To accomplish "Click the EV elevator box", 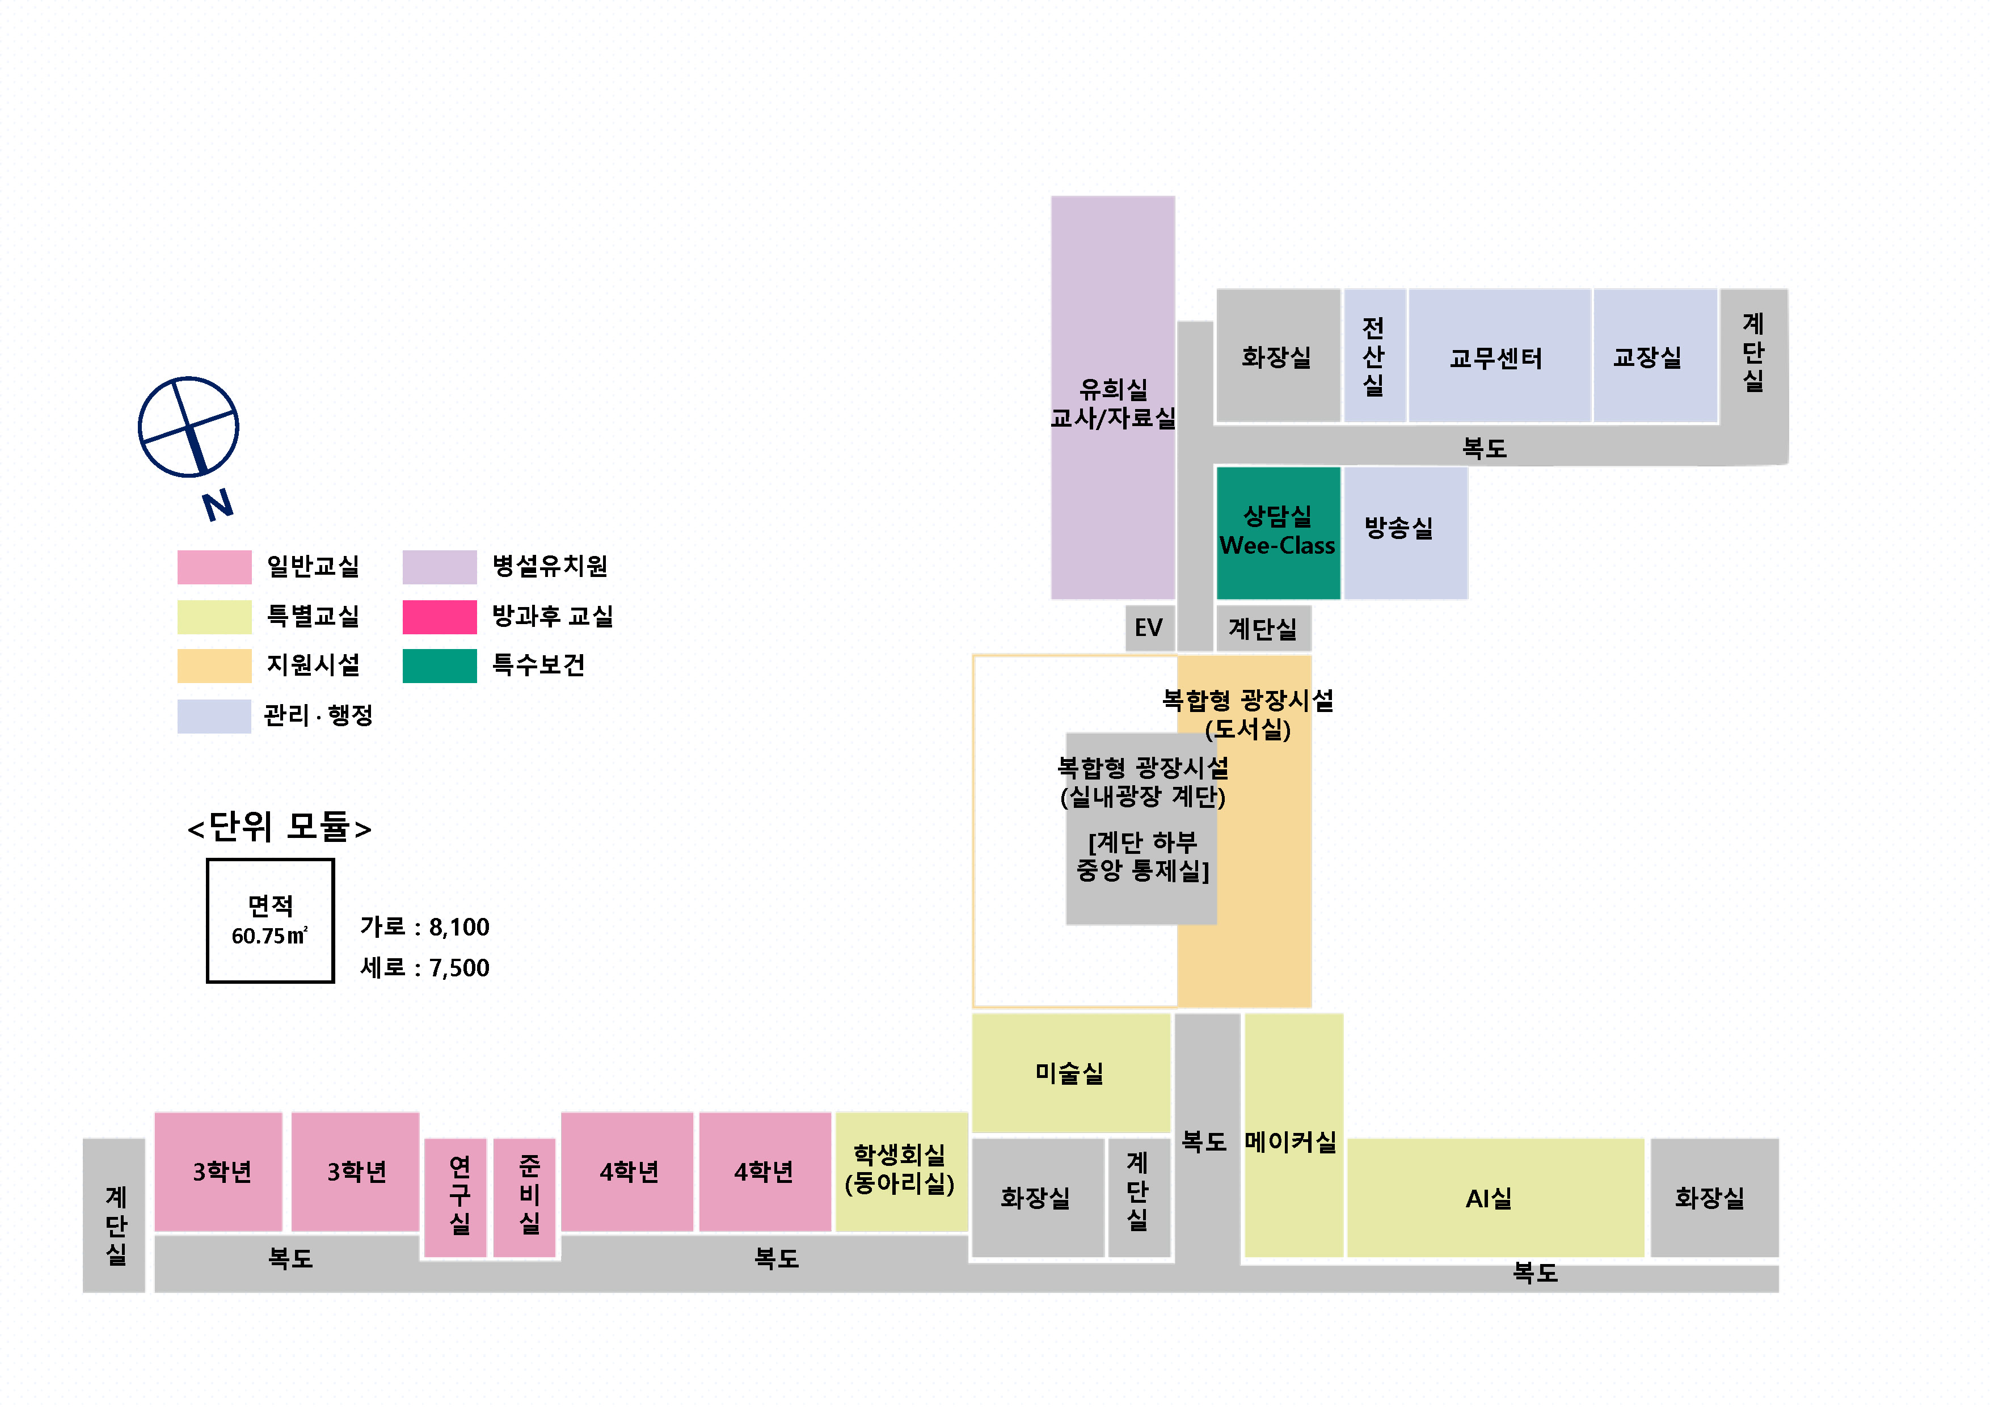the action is pyautogui.click(x=1148, y=627).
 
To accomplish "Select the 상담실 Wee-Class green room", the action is pyautogui.click(x=1278, y=532).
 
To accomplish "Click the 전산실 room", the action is pyautogui.click(x=1374, y=355).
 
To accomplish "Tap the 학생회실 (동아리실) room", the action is pyautogui.click(x=900, y=1170).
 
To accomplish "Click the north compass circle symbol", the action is pyautogui.click(x=188, y=427).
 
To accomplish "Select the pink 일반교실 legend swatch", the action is pyautogui.click(x=214, y=567).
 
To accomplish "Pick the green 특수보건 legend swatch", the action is pyautogui.click(x=440, y=666).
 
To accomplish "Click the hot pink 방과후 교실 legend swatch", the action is pyautogui.click(x=440, y=616).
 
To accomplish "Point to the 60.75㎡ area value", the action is pyautogui.click(x=269, y=936).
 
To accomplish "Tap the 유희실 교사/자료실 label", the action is pyautogui.click(x=1113, y=404).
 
